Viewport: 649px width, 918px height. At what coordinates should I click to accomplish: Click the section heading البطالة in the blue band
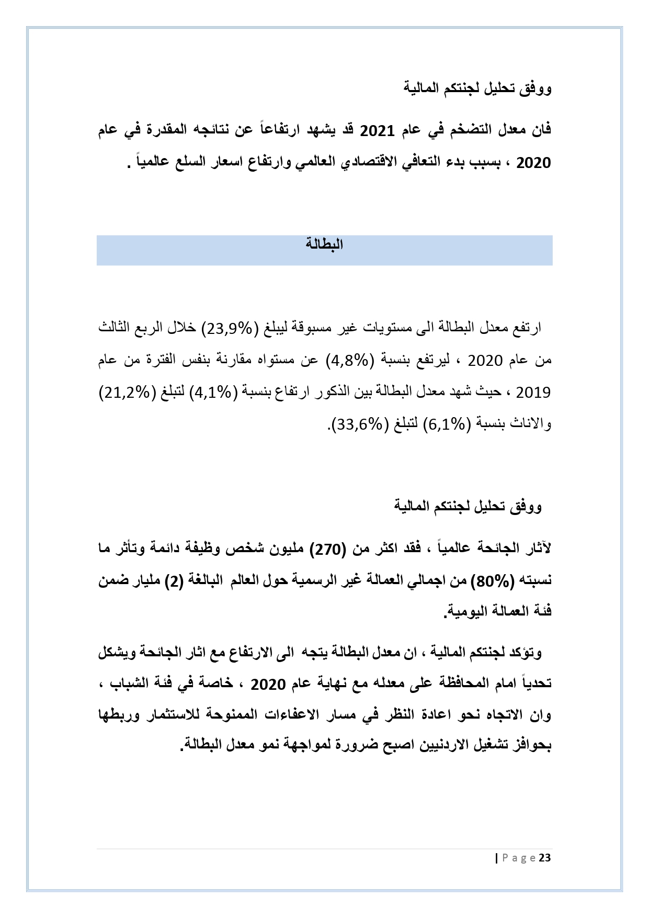[x=324, y=244]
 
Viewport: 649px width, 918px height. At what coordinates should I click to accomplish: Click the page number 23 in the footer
[x=545, y=858]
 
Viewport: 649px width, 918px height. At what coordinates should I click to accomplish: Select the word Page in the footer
[x=518, y=858]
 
